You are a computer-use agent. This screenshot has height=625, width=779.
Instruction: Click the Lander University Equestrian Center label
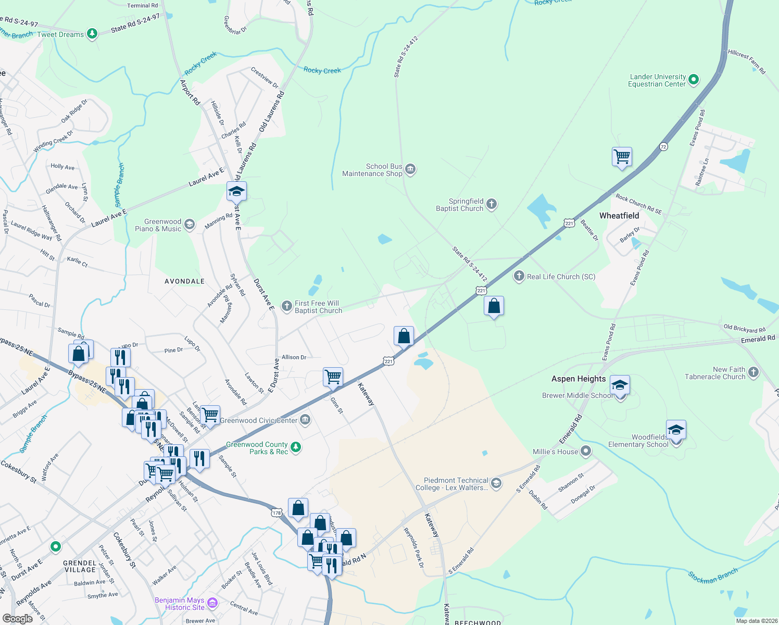pyautogui.click(x=657, y=80)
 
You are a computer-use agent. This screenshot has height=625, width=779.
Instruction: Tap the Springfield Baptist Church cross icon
pyautogui.click(x=491, y=204)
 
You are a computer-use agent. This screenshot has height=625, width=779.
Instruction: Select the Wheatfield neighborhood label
pyautogui.click(x=619, y=216)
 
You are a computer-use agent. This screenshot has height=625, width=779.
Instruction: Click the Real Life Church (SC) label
pyautogui.click(x=561, y=277)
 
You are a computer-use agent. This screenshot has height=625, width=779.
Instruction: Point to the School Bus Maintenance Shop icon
pyautogui.click(x=410, y=169)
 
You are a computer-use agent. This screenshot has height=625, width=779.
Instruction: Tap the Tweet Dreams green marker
pyautogui.click(x=92, y=34)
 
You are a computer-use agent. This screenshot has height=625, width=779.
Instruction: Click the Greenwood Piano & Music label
pyautogui.click(x=158, y=225)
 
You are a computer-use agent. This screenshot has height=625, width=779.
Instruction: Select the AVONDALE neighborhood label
pyautogui.click(x=184, y=281)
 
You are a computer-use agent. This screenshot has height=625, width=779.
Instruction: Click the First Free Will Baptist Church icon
pyautogui.click(x=287, y=306)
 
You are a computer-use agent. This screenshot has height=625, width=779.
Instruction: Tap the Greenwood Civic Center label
pyautogui.click(x=259, y=420)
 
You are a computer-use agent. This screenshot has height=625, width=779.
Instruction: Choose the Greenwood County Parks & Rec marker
pyautogui.click(x=296, y=447)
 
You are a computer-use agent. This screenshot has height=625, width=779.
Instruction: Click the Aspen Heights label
pyautogui.click(x=579, y=379)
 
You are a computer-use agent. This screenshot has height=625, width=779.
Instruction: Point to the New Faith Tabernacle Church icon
pyautogui.click(x=753, y=372)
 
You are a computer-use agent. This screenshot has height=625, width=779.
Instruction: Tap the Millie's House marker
pyautogui.click(x=586, y=451)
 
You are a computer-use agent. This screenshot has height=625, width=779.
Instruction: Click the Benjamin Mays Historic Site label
pyautogui.click(x=180, y=604)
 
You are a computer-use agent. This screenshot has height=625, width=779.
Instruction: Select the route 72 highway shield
pyautogui.click(x=663, y=146)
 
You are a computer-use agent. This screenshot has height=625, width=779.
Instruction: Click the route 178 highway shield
pyautogui.click(x=277, y=513)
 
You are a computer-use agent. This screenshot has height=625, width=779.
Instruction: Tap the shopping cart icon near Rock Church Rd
pyautogui.click(x=622, y=156)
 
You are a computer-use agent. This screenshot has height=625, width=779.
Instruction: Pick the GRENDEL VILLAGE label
pyautogui.click(x=80, y=566)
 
